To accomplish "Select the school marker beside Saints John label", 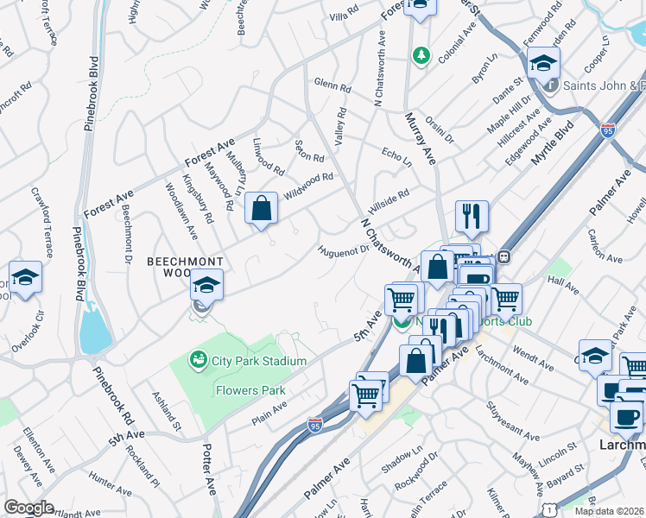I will point(543,64).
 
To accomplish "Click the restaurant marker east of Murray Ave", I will point(472,218).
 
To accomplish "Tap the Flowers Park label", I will point(249,390).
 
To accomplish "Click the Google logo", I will point(28,508).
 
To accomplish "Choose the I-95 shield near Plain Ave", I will point(316,425).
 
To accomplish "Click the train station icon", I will point(502,256).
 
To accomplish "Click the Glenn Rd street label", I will point(332,86).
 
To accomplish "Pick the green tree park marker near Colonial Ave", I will point(421,55).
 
